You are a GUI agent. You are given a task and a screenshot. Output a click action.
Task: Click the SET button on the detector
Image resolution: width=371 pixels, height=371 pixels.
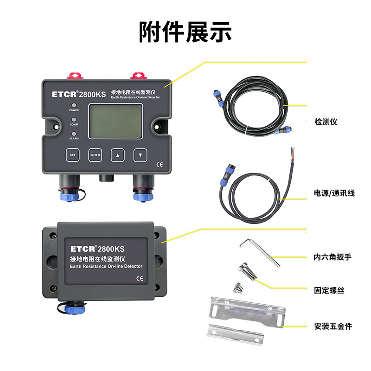tap(72, 155)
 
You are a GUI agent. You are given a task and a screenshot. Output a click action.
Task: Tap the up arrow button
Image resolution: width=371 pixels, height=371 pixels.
tap(118, 155)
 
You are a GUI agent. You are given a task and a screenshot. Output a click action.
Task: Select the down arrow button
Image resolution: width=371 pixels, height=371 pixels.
tap(141, 155)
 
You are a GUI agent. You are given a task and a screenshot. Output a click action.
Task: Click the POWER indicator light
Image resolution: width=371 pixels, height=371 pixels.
tap(74, 105)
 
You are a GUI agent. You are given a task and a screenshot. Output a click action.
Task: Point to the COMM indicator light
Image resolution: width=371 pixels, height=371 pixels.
tap(74, 120)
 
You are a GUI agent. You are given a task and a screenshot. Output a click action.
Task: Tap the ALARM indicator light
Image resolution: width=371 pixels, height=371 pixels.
tap(74, 134)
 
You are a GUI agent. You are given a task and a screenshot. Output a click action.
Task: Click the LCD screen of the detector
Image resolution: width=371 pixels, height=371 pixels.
tap(115, 121)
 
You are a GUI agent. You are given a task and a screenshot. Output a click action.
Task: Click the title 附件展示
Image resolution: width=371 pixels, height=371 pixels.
tap(185, 32)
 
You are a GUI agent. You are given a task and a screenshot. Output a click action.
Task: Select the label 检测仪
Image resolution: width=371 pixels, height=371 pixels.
tap(326, 122)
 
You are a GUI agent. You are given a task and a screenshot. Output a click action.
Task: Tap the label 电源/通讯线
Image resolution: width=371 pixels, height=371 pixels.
tap(334, 193)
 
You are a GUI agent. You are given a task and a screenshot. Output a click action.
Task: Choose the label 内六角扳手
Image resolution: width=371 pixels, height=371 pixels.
tap(333, 257)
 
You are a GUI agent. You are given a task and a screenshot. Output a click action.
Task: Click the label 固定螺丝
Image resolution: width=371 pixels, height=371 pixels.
tap(329, 290)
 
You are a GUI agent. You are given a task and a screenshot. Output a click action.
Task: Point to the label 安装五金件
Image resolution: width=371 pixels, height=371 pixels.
tap(333, 326)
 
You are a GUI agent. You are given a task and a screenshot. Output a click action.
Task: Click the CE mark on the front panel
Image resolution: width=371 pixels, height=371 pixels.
tap(160, 165)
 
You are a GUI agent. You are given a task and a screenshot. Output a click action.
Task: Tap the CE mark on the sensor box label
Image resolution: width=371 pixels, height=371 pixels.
tap(140, 279)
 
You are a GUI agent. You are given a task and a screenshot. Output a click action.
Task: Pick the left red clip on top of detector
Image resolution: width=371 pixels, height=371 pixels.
tap(75, 76)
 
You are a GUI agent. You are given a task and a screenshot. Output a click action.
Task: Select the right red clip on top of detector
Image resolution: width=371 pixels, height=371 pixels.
tap(139, 76)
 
